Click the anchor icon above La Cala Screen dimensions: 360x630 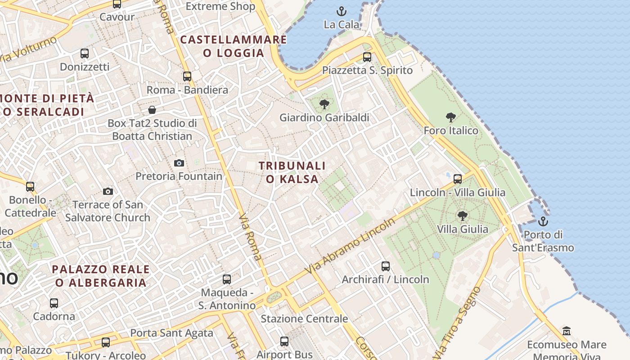click(342, 11)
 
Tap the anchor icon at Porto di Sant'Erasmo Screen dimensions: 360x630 click(543, 221)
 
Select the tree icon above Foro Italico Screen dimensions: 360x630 click(450, 117)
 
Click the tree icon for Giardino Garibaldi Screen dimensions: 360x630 click(324, 104)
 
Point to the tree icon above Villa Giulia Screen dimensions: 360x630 click(462, 216)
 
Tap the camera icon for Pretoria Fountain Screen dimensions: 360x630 click(179, 163)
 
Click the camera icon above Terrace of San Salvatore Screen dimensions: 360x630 click(108, 192)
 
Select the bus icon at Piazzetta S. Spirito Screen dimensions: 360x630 click(367, 57)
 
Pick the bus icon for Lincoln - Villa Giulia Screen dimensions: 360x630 click(458, 179)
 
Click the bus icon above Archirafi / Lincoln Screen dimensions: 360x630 click(385, 266)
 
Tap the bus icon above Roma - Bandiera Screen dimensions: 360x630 click(187, 76)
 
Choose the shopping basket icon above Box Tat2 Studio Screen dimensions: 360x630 click(152, 110)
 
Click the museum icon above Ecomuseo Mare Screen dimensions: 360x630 click(567, 331)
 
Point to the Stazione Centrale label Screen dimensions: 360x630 click(304, 319)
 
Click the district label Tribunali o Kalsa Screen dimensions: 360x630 click(292, 172)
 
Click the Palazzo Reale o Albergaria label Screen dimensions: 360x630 click(101, 276)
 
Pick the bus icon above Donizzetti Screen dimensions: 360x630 click(84, 54)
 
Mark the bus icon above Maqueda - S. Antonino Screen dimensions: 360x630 click(227, 279)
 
